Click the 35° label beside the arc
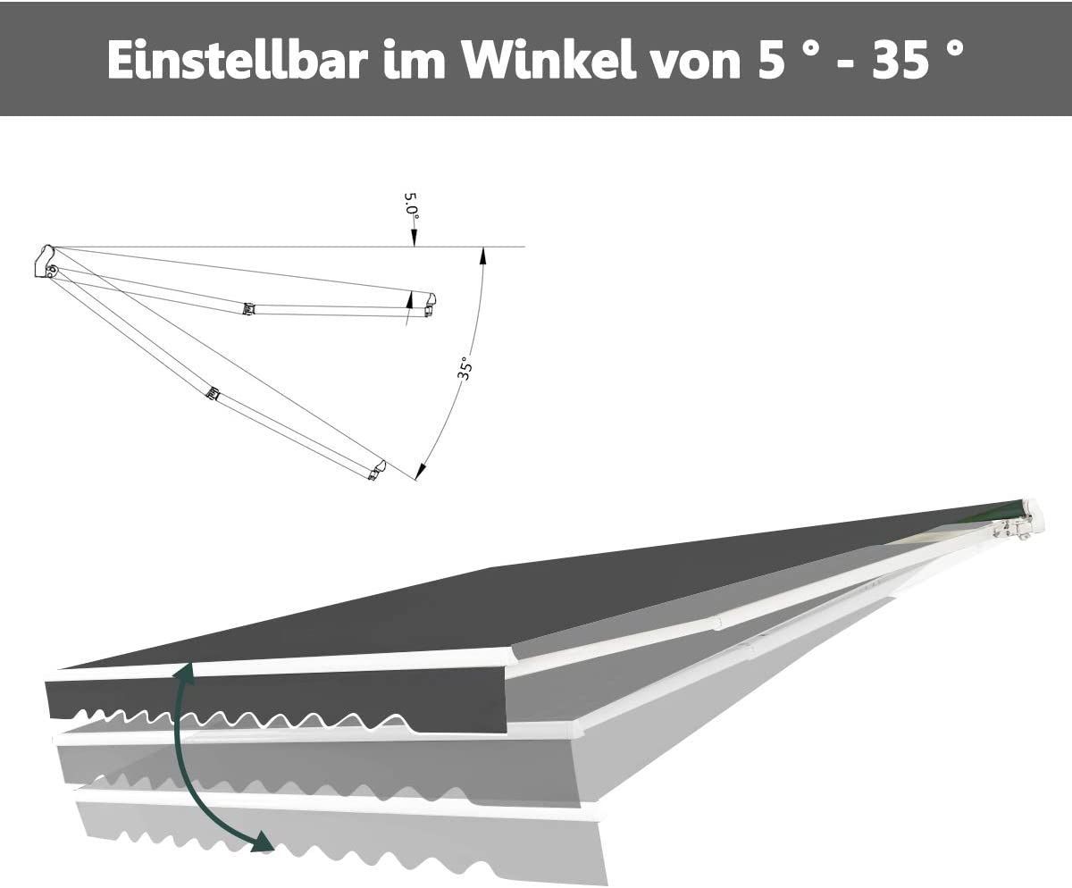tap(464, 368)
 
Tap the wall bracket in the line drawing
tap(45, 263)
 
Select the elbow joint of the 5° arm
tap(247, 309)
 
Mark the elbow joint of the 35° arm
tap(213, 393)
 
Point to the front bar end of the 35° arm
tap(377, 470)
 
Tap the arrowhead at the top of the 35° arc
tap(483, 255)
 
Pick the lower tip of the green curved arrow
tap(264, 842)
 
